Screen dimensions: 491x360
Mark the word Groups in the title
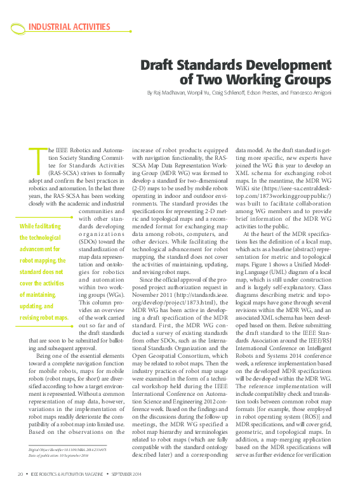[x=307, y=80]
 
